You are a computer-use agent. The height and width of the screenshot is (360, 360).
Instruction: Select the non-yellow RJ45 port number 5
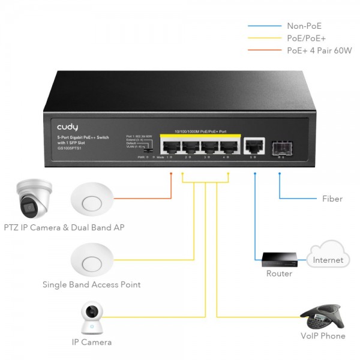[x=254, y=145]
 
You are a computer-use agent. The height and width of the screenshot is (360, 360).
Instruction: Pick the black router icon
[x=278, y=258]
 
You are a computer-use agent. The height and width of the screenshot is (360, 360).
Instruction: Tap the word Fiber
[x=332, y=199]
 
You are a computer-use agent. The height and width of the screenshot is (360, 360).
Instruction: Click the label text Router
[x=279, y=274]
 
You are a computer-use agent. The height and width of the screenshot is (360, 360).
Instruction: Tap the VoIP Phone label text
[x=323, y=336]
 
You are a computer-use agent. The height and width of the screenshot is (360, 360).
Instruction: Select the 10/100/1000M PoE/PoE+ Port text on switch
[x=200, y=131]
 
